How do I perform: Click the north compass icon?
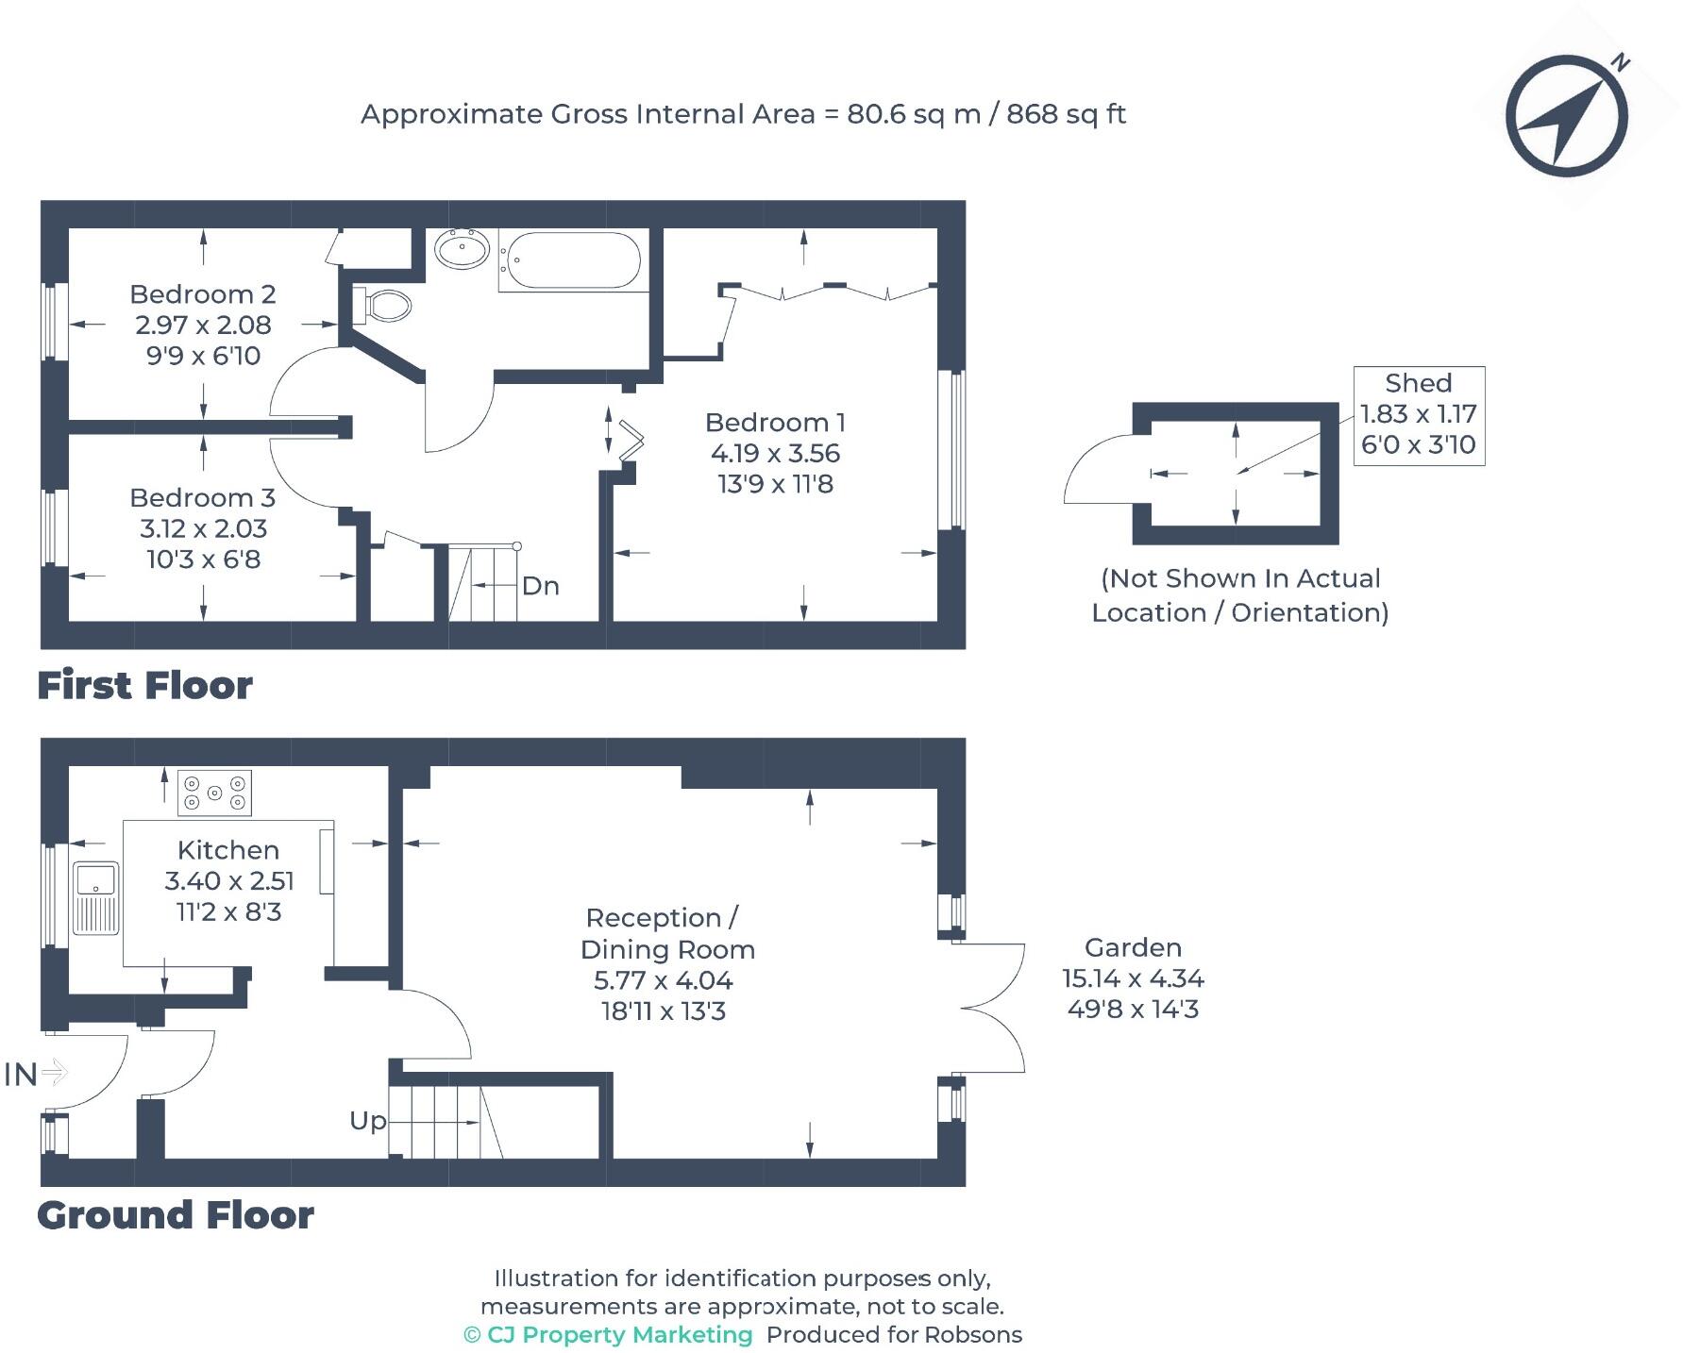pyautogui.click(x=1566, y=116)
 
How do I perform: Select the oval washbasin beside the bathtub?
pyautogui.click(x=462, y=250)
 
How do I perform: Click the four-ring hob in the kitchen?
pyautogui.click(x=215, y=793)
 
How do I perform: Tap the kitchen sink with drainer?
pyautogui.click(x=95, y=897)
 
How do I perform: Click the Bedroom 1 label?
pyautogui.click(x=775, y=422)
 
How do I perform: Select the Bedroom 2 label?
pyautogui.click(x=203, y=293)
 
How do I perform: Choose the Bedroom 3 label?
pyautogui.click(x=203, y=497)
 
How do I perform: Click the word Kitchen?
pyautogui.click(x=228, y=850)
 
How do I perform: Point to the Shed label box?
pyautogui.click(x=1419, y=415)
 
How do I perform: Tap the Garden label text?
pyautogui.click(x=1133, y=947)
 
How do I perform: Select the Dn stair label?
pyautogui.click(x=541, y=586)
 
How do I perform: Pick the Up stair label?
pyautogui.click(x=368, y=1121)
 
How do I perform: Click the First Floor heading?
pyautogui.click(x=145, y=685)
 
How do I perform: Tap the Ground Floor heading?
pyautogui.click(x=176, y=1215)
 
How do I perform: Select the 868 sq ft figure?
pyautogui.click(x=1066, y=114)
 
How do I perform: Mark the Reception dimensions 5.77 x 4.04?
pyautogui.click(x=664, y=980)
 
